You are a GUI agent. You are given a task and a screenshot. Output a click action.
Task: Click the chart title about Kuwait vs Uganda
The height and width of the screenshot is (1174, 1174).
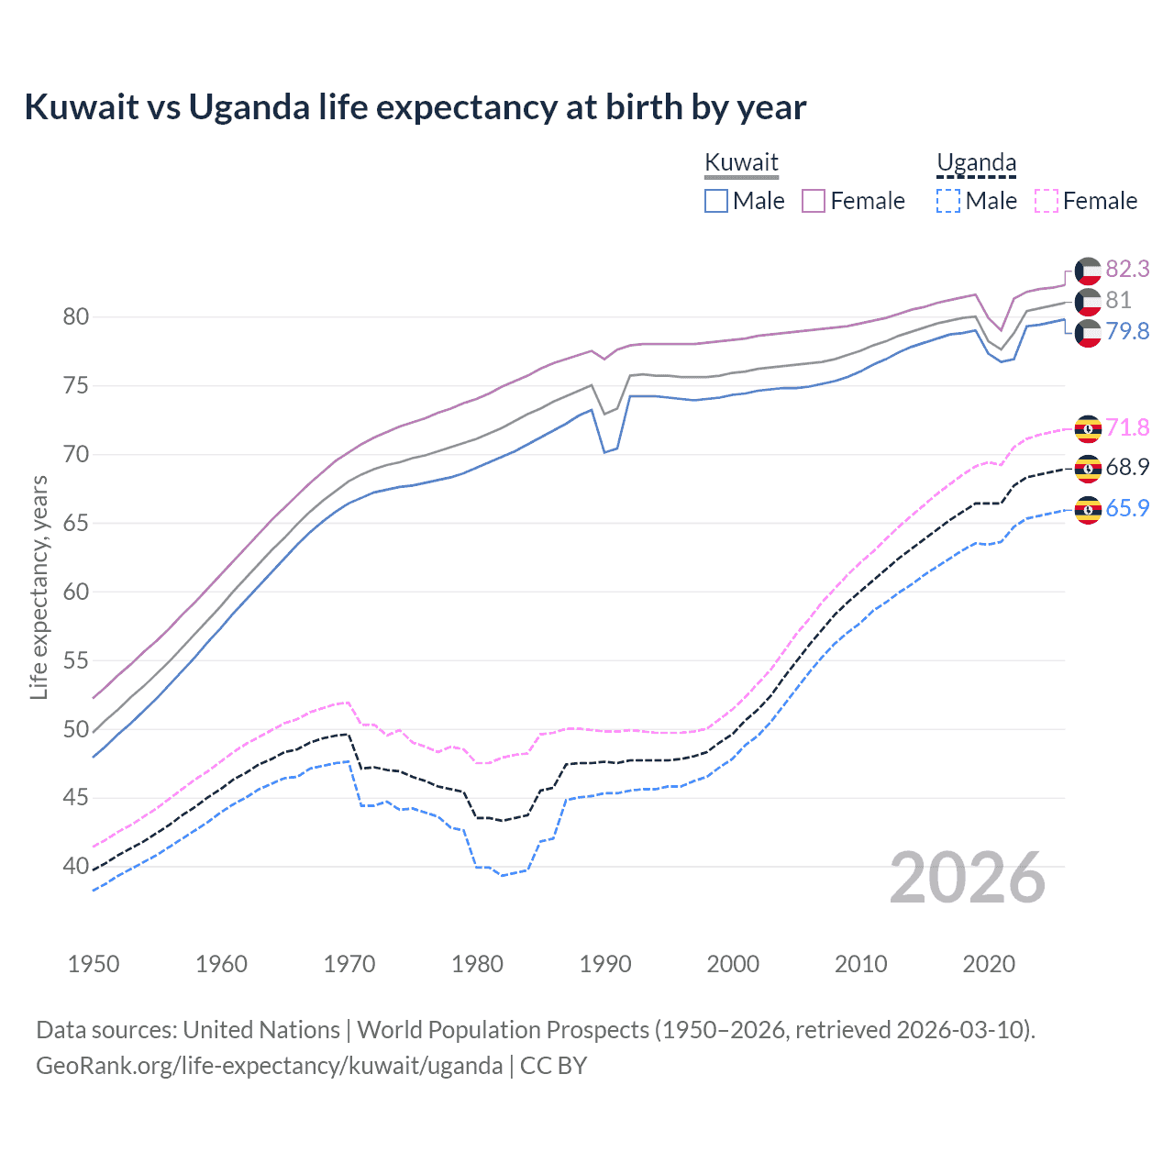click(415, 107)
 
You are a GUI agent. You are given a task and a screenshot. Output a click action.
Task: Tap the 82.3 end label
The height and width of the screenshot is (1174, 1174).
click(1127, 269)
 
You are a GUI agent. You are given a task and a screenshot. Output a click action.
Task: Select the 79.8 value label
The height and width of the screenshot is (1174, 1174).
click(1127, 331)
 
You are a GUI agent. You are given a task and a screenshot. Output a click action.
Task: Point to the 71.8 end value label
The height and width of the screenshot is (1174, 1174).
click(1127, 427)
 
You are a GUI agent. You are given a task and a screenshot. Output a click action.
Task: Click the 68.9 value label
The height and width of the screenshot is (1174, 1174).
click(1127, 467)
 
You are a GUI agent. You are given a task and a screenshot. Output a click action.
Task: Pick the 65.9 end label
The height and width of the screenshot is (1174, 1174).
click(1127, 508)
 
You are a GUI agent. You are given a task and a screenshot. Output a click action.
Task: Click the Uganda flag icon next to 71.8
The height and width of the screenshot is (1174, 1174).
click(1088, 428)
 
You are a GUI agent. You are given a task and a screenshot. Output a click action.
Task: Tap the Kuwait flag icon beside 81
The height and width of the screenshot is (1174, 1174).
click(1088, 301)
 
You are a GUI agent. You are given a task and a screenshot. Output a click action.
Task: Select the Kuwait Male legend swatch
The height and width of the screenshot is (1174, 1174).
click(716, 201)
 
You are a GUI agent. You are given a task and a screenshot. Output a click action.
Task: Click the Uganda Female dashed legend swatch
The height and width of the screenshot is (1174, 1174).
click(1047, 201)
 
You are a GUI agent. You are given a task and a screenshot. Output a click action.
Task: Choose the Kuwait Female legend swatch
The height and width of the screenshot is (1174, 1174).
click(814, 201)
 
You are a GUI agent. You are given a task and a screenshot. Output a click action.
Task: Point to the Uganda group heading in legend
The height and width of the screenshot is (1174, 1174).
click(976, 163)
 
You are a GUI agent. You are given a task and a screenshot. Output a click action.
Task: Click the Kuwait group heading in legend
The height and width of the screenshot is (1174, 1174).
click(741, 163)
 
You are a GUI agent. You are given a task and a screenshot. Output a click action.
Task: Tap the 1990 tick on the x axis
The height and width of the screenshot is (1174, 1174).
click(605, 964)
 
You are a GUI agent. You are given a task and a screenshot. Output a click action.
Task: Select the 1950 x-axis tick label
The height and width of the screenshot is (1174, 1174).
click(94, 964)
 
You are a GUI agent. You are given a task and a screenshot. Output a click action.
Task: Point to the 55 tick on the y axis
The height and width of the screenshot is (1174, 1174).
click(76, 660)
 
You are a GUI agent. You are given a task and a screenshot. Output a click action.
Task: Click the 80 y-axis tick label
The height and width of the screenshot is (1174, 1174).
click(76, 317)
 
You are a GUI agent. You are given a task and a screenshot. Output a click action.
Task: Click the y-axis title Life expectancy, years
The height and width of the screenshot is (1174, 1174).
click(39, 587)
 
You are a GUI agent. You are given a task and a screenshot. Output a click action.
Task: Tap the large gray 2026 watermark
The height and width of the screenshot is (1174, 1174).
click(968, 878)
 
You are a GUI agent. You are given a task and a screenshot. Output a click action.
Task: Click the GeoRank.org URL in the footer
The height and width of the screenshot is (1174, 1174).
click(269, 1066)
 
